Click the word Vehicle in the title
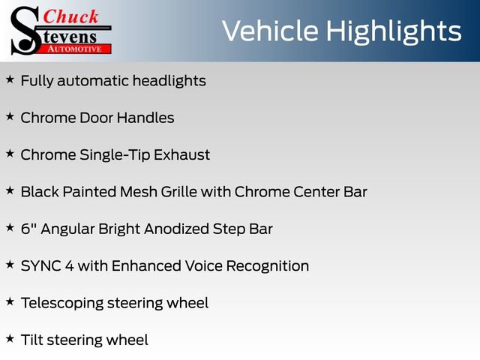(270, 31)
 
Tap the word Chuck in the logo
(71, 17)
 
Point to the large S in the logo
(27, 29)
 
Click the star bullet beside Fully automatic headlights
(10, 79)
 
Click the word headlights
(167, 81)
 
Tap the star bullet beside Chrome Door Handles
(10, 116)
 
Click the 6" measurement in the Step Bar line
(28, 229)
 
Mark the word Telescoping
(63, 303)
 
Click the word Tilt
(32, 340)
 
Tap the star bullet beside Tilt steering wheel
(10, 339)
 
